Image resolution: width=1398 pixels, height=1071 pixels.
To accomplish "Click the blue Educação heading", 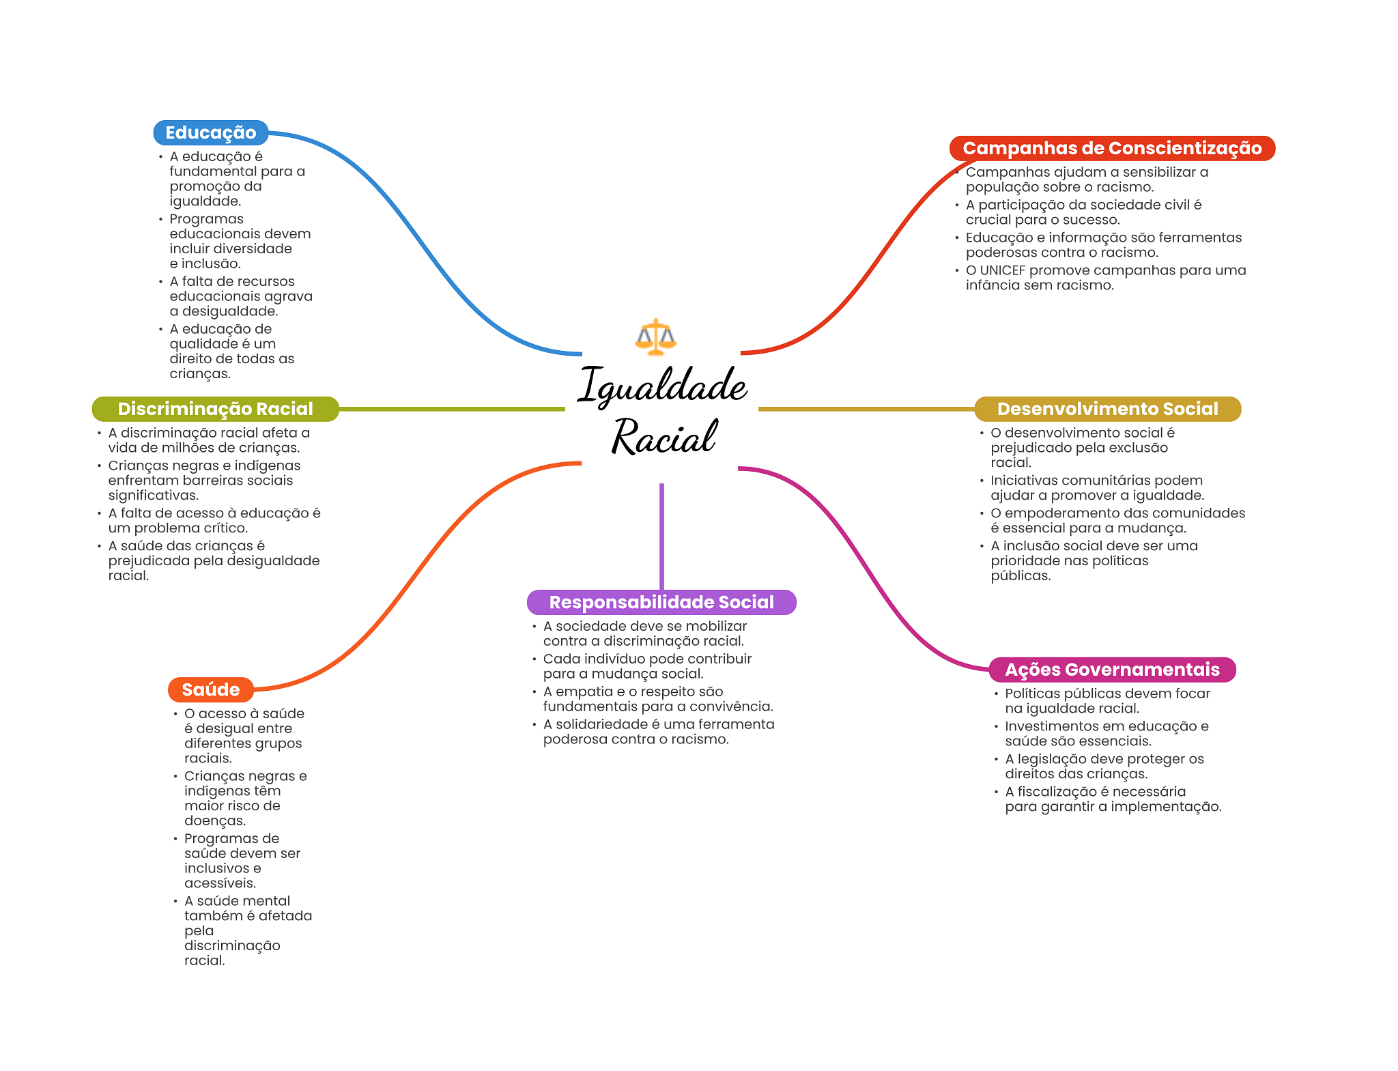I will pos(210,133).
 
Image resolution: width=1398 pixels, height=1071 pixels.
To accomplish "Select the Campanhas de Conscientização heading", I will pos(1111,149).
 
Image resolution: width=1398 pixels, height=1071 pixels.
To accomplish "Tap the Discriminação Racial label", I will pos(215,409).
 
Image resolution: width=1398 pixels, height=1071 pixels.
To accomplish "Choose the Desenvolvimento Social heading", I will pos(1107,409).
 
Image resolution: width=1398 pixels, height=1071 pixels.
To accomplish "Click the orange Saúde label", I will pos(210,689).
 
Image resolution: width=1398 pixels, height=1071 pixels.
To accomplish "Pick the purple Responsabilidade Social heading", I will pos(661,602).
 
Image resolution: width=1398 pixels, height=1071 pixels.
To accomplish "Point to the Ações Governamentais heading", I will pos(1112,670).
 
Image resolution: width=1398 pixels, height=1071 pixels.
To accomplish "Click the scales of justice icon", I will pos(655,337).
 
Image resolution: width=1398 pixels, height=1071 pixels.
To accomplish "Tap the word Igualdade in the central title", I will pos(662,386).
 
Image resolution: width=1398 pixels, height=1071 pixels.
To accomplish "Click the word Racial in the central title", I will pos(664,437).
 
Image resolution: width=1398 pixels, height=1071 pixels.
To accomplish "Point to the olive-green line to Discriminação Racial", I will pos(451,409).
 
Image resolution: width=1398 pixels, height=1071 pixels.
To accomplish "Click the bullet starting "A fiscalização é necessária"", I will pos(1113,799).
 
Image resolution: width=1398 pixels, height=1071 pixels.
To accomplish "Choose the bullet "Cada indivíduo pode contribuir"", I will pos(647,666).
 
